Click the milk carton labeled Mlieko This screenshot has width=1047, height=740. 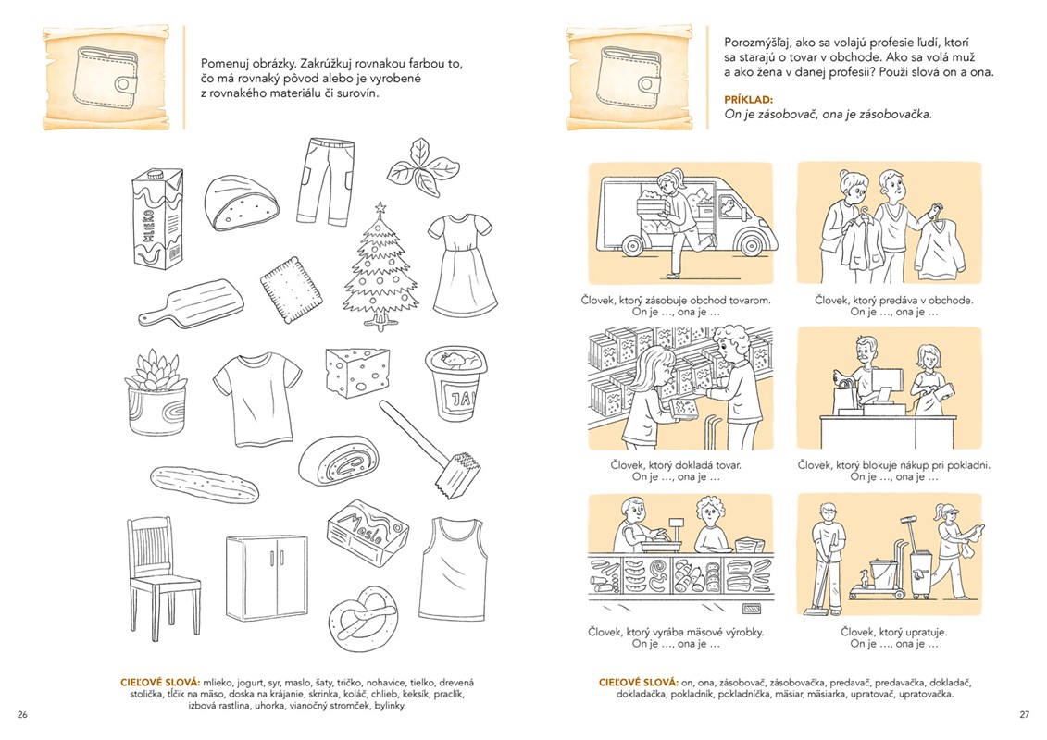157,219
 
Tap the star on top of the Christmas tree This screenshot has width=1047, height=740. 380,207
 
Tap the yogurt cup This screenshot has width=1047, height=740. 455,383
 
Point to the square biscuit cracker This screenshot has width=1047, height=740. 290,286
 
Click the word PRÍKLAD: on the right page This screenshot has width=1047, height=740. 749,100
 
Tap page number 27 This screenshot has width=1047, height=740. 1024,714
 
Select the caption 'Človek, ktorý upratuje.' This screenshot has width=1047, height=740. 894,631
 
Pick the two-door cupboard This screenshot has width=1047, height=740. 267,577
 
